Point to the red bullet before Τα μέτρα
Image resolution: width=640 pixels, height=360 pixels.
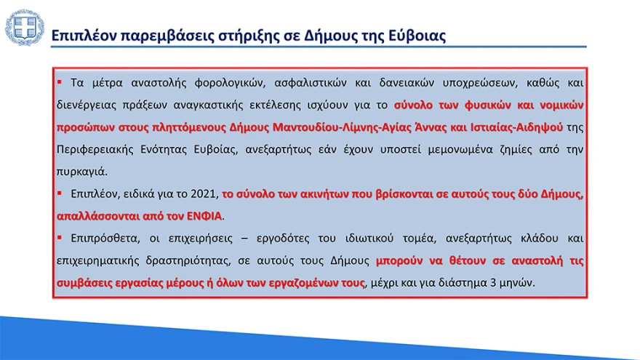[x=60, y=81]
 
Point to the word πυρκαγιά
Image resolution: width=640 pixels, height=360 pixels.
[x=81, y=172]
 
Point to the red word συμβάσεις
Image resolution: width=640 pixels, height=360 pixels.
[x=81, y=283]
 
